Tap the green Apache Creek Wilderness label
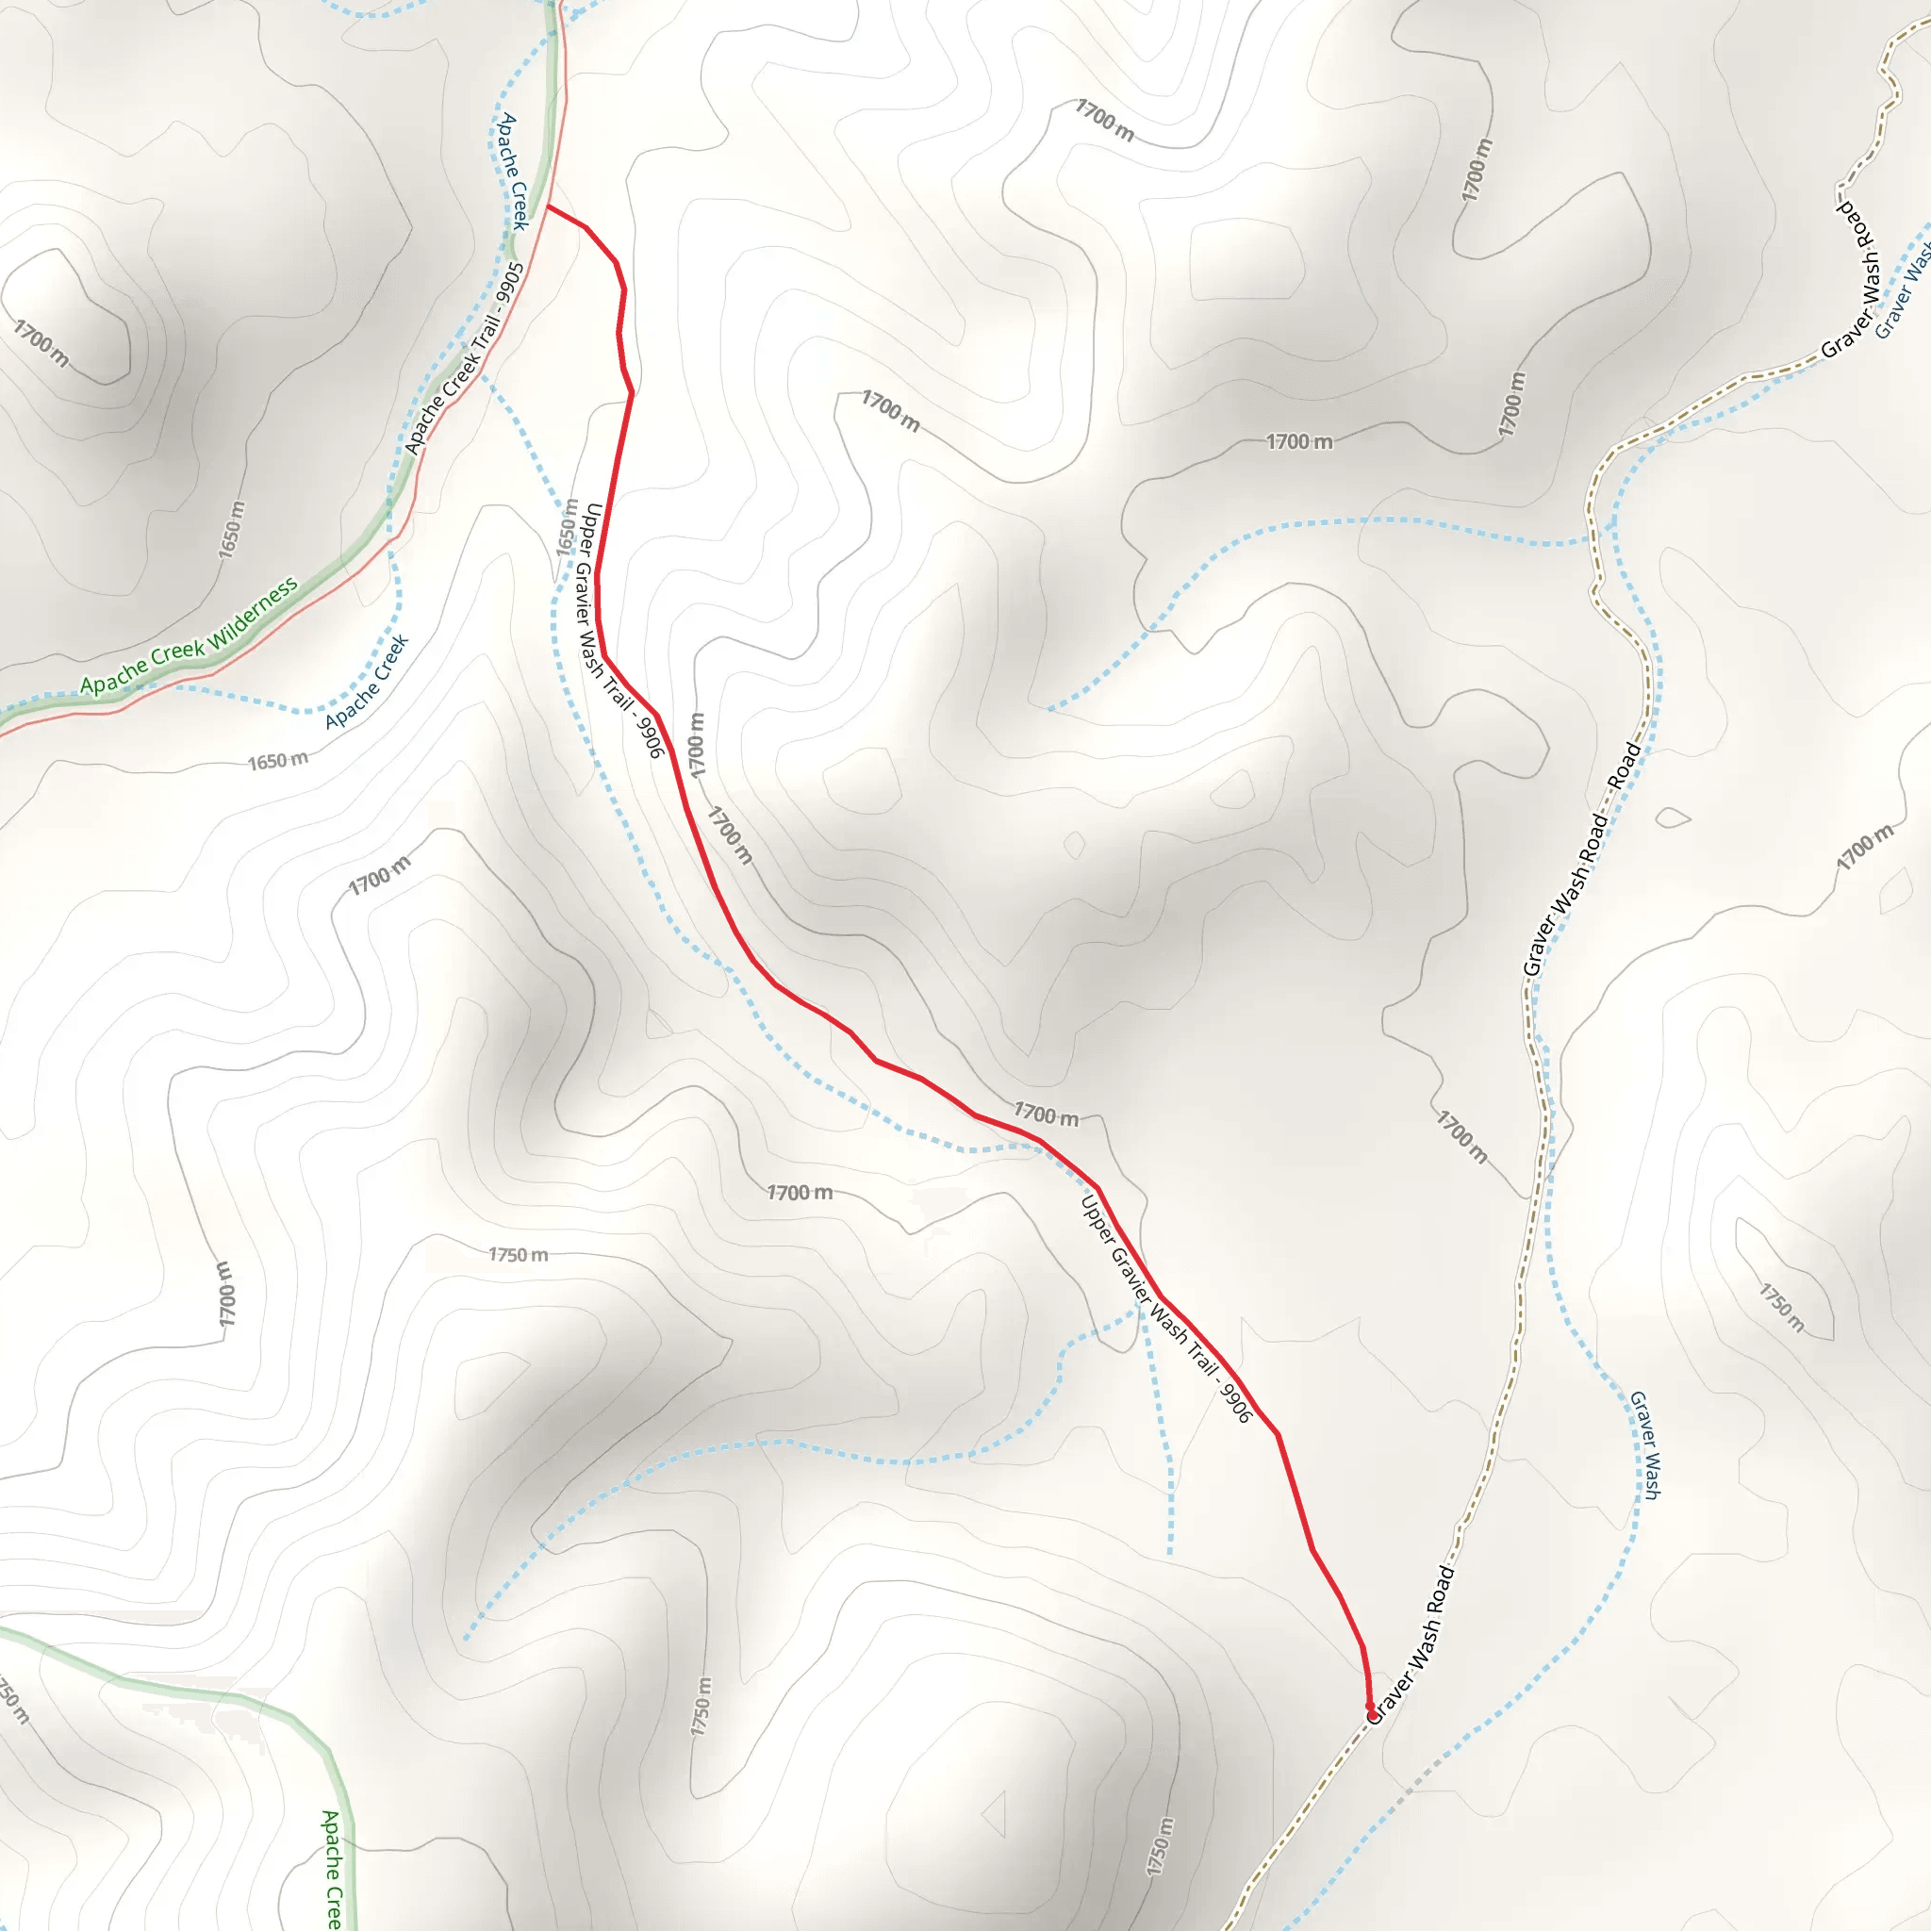coord(189,636)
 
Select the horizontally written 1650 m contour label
coord(278,761)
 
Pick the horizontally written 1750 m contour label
coord(518,1254)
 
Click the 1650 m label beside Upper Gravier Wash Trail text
coord(568,527)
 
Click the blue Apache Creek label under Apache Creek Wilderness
coord(367,682)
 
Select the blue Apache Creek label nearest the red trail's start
coord(513,171)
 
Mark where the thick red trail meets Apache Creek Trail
coord(548,206)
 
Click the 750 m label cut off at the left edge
coord(12,1700)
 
